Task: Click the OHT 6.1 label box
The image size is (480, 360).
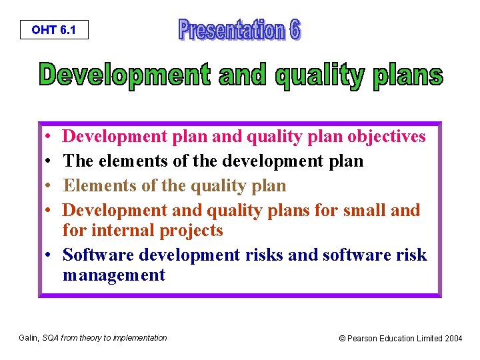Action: point(53,30)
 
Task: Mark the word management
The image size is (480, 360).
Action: point(113,275)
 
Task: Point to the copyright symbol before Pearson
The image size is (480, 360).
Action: point(343,339)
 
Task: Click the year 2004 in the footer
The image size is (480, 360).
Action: point(453,339)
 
